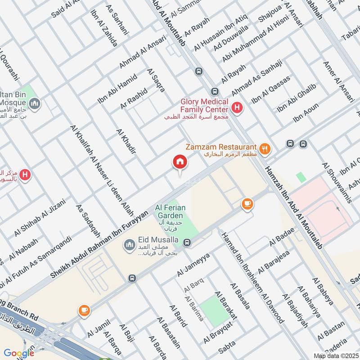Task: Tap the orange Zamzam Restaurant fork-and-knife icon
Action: click(265, 148)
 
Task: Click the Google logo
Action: click(18, 353)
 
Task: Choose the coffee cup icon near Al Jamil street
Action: click(84, 310)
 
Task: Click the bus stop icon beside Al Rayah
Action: click(199, 72)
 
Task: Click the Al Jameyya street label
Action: click(194, 265)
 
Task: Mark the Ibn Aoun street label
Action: click(306, 113)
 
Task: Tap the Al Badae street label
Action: click(282, 236)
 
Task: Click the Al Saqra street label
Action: click(156, 80)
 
